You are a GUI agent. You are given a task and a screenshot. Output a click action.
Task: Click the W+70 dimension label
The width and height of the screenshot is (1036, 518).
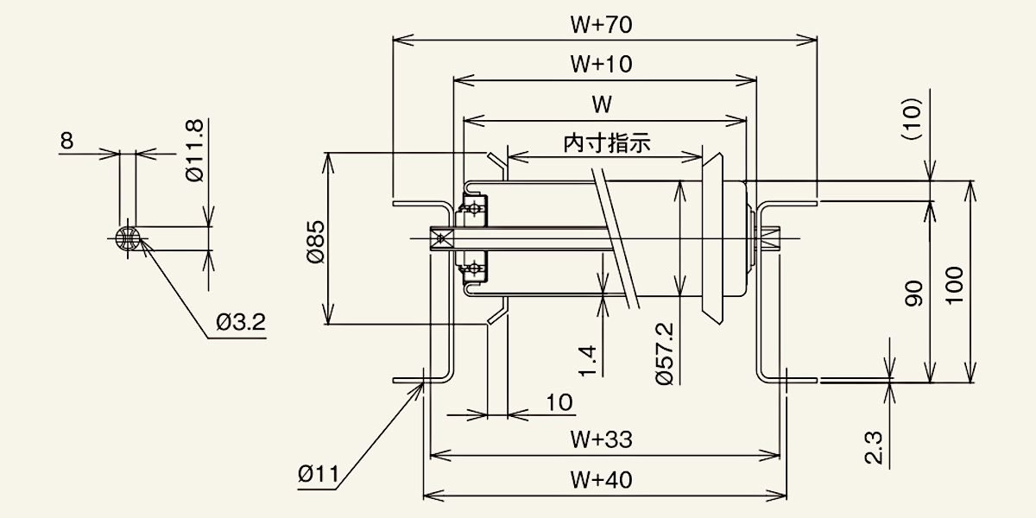pyautogui.click(x=601, y=24)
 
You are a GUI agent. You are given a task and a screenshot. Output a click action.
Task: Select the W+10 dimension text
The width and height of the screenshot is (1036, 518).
pyautogui.click(x=601, y=64)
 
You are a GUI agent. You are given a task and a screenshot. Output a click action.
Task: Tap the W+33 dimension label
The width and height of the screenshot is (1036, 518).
pyautogui.click(x=601, y=439)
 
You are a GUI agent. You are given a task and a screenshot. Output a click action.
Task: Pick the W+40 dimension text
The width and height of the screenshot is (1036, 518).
pyautogui.click(x=601, y=480)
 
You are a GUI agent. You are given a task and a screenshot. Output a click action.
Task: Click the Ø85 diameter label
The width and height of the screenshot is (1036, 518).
pyautogui.click(x=316, y=242)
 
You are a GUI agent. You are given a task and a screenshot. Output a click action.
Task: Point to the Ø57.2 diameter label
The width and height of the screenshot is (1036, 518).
pyautogui.click(x=665, y=354)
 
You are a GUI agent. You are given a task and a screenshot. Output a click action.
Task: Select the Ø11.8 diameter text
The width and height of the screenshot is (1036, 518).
pyautogui.click(x=194, y=151)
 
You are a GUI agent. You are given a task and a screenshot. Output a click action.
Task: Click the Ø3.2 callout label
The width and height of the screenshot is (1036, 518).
pyautogui.click(x=241, y=322)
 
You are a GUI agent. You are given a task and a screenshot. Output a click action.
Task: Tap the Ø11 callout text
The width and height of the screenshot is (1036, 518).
pyautogui.click(x=319, y=474)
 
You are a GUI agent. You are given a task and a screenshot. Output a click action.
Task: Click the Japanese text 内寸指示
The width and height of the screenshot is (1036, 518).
pyautogui.click(x=607, y=143)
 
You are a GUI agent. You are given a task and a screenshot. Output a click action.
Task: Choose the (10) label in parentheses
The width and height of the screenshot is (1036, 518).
pyautogui.click(x=912, y=119)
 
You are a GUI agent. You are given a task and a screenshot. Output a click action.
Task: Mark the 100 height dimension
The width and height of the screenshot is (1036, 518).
pyautogui.click(x=954, y=286)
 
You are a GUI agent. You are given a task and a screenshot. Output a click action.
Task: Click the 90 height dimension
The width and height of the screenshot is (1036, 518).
pyautogui.click(x=913, y=294)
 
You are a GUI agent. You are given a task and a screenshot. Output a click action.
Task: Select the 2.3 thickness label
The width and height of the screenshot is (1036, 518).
pyautogui.click(x=874, y=447)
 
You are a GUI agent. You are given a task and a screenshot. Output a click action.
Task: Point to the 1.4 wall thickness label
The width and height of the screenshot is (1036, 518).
pyautogui.click(x=588, y=361)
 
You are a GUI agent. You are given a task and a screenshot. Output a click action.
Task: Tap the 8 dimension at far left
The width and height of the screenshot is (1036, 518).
pyautogui.click(x=67, y=141)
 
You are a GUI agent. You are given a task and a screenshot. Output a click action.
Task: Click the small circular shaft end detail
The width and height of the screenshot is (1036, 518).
pyautogui.click(x=129, y=238)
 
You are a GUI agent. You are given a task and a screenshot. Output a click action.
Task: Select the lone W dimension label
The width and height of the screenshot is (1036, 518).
pyautogui.click(x=602, y=104)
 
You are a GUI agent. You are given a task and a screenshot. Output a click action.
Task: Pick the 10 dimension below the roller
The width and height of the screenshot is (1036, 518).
pyautogui.click(x=559, y=403)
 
